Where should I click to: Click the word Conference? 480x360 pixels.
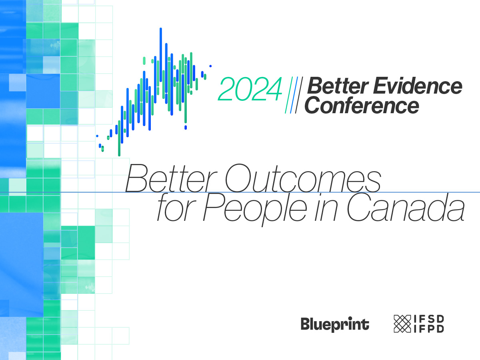coord(364,105)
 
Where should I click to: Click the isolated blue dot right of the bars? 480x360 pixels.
coord(210,66)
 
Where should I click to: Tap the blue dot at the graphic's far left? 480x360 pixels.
coord(97,136)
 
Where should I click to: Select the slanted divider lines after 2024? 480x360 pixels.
coord(294,94)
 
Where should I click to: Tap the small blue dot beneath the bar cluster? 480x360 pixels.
coord(186,128)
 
